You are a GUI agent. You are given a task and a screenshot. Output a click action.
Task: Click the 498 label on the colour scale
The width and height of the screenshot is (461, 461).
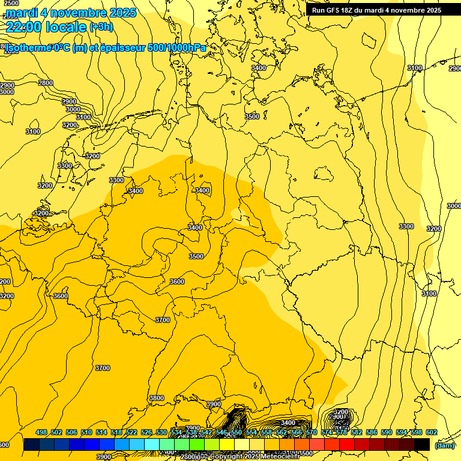(x=41, y=432)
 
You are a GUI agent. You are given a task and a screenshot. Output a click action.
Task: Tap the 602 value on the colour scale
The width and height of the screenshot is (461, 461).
(x=432, y=432)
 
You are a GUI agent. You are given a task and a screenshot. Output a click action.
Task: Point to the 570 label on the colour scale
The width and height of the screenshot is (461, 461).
(x=312, y=432)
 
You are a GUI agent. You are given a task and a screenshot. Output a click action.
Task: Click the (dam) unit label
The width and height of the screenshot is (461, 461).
(x=445, y=445)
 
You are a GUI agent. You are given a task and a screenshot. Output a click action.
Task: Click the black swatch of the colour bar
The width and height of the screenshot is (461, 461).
(x=422, y=445)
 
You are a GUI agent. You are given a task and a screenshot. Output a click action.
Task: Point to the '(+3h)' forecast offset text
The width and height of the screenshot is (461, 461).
(x=101, y=26)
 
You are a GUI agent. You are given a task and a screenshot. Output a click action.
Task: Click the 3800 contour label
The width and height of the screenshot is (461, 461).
(x=156, y=398)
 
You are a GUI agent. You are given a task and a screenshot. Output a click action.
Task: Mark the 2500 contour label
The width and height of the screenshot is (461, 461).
(x=11, y=4)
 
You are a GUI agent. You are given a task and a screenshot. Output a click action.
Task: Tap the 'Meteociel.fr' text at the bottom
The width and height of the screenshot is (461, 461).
(x=279, y=456)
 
